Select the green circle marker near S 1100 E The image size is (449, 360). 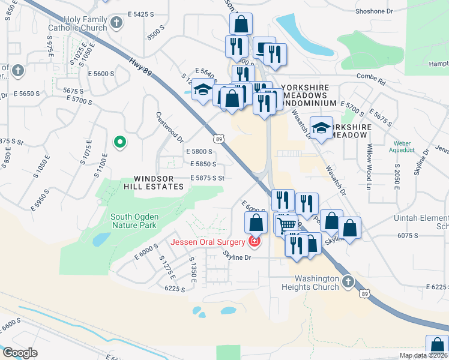(120, 142)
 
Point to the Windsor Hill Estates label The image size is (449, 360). (158, 183)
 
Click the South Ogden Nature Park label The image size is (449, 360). (133, 221)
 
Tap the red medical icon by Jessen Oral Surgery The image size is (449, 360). (255, 242)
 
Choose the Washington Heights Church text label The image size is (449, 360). (310, 283)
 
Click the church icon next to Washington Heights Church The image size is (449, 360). (348, 281)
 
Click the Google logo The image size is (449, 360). (19, 352)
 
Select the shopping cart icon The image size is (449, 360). (288, 224)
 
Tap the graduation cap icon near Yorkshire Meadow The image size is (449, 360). (321, 128)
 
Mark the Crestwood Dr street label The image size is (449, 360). (169, 127)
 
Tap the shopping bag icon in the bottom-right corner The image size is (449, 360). (437, 346)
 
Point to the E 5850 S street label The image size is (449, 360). (203, 164)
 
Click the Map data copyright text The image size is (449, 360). (423, 355)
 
